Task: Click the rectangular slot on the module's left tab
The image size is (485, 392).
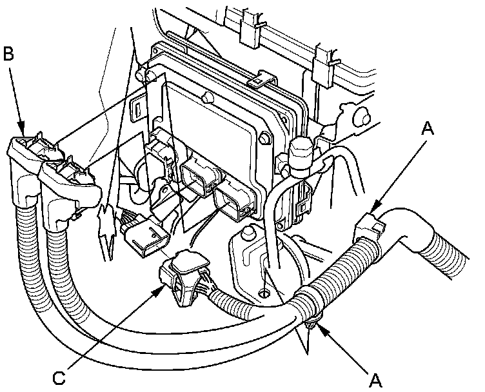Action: (x=138, y=111)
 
